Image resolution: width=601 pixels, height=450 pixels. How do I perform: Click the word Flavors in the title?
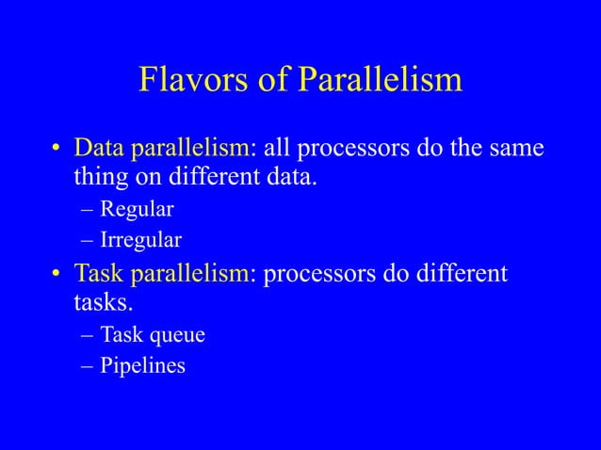click(x=193, y=80)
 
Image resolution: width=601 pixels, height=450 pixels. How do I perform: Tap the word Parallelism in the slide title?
click(x=380, y=80)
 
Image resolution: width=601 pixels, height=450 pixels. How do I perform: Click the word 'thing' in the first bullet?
click(x=100, y=177)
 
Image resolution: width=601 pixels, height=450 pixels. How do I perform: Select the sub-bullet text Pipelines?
click(x=143, y=365)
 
